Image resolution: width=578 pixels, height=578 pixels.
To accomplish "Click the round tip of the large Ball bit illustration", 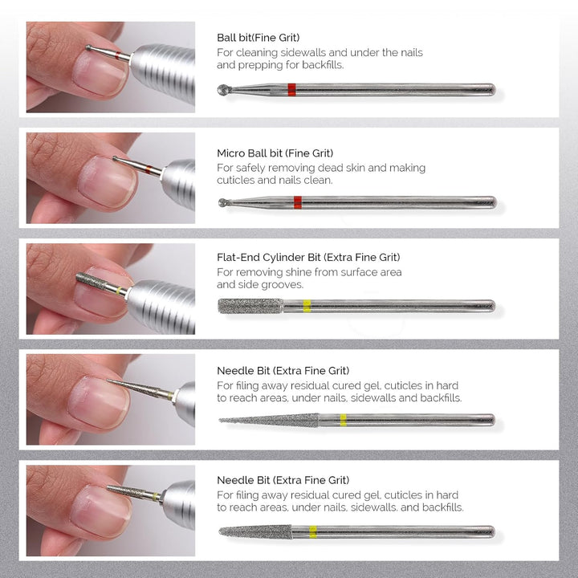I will point(223,90).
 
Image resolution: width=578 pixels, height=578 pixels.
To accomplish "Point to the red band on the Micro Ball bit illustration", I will point(297,202).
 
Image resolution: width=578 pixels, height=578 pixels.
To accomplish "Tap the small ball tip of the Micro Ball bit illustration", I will point(222,202).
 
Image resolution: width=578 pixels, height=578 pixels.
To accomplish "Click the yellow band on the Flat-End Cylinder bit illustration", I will point(307,306).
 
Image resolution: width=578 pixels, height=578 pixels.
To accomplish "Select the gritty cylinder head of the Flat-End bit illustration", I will point(250,306).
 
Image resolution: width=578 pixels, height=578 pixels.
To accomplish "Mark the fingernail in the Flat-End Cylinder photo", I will point(94,297).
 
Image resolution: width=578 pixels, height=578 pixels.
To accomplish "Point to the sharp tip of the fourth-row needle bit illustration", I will point(222,420).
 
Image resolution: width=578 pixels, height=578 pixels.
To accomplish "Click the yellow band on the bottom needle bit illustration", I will point(313,531).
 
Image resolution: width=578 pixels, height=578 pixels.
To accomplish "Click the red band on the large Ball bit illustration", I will point(291,90).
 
